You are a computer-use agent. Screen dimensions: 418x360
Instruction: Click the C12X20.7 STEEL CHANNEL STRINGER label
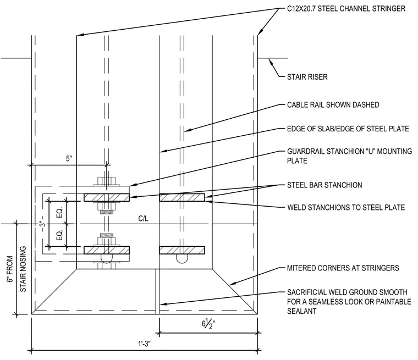[x=346, y=9]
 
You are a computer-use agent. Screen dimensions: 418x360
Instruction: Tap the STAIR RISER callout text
[x=307, y=77]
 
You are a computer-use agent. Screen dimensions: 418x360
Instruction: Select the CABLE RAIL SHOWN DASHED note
[x=333, y=105]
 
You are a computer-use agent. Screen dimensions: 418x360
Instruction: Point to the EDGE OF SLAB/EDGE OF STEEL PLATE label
[x=348, y=129]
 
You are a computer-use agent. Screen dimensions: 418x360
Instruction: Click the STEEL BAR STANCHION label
[x=324, y=185]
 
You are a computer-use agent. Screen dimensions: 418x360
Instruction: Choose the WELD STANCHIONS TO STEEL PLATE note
[x=346, y=207]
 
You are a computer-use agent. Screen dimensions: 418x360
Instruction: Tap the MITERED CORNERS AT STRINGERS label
[x=343, y=268]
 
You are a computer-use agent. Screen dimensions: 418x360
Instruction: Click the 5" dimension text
[x=69, y=158]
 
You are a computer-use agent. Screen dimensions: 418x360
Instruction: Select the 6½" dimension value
[x=208, y=324]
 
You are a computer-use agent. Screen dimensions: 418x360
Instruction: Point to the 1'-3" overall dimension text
[x=144, y=344]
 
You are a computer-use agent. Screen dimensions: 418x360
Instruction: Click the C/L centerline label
[x=143, y=219]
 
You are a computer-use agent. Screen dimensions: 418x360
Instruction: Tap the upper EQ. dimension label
[x=59, y=212]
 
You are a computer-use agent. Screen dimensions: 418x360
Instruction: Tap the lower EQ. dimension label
[x=59, y=235]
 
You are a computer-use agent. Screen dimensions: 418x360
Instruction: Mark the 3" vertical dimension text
[x=42, y=224]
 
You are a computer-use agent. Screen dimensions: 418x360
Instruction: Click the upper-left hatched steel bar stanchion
[x=107, y=197]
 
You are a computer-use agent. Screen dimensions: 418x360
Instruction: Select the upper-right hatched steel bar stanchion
[x=182, y=197]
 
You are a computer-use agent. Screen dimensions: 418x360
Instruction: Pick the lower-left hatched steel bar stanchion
[x=107, y=250]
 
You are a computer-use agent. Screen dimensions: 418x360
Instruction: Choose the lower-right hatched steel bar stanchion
[x=182, y=250]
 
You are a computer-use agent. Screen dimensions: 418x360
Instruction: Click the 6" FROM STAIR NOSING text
[x=16, y=269]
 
